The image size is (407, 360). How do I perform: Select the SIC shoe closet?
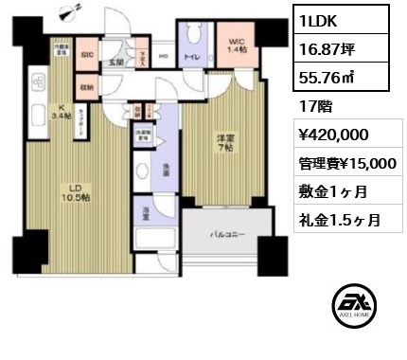[x=87, y=55]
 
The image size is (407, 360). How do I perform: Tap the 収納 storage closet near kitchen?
[x=87, y=87]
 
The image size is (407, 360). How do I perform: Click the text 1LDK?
[x=318, y=19]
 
